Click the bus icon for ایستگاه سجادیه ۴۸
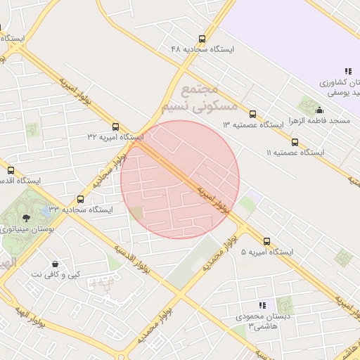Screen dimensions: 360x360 [202, 39]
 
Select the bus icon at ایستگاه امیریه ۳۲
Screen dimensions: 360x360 [116, 127]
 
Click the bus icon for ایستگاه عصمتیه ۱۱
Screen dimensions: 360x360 [295, 142]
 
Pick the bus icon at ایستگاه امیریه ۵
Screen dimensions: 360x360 [267, 241]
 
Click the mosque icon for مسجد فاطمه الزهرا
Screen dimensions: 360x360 [320, 110]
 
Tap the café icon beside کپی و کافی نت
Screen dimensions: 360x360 [55, 264]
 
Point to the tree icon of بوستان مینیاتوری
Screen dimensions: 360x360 [27, 219]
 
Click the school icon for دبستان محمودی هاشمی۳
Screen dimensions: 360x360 [262, 306]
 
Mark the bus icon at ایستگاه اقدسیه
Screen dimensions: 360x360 [11, 170]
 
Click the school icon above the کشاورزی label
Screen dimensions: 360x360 [347, 71]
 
